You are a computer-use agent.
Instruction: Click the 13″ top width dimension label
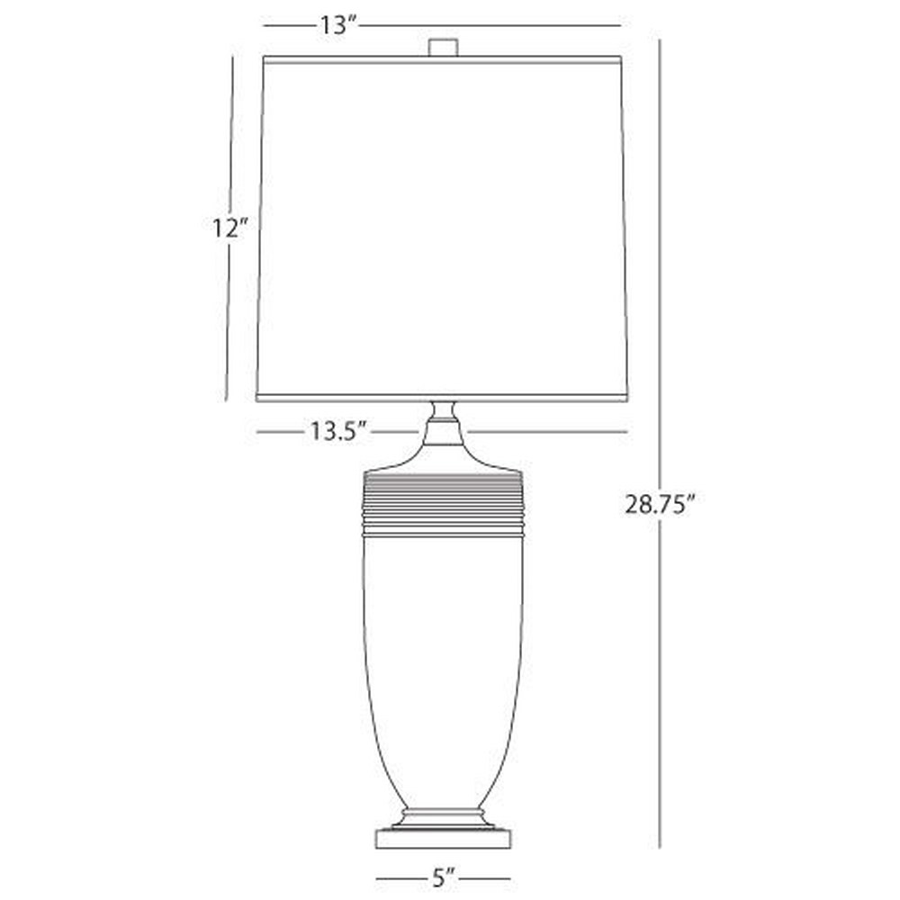click(338, 25)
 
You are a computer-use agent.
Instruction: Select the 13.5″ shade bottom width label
click(338, 431)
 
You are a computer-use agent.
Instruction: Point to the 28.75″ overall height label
click(660, 505)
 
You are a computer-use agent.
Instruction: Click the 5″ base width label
click(443, 878)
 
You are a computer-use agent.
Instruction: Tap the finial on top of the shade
click(443, 47)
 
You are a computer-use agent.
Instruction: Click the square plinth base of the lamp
click(443, 837)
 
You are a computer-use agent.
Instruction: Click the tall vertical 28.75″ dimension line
click(660, 443)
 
